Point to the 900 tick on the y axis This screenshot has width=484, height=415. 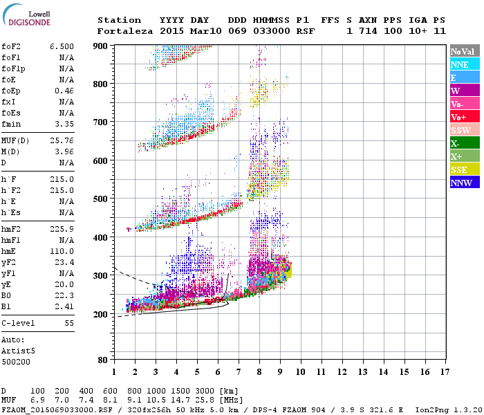(x=102, y=46)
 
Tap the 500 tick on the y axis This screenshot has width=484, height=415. (x=102, y=199)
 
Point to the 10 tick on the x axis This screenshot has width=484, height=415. (x=300, y=373)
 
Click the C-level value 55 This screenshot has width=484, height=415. (x=69, y=323)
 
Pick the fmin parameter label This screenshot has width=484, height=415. (x=11, y=124)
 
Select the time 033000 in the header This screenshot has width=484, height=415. (x=272, y=31)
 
